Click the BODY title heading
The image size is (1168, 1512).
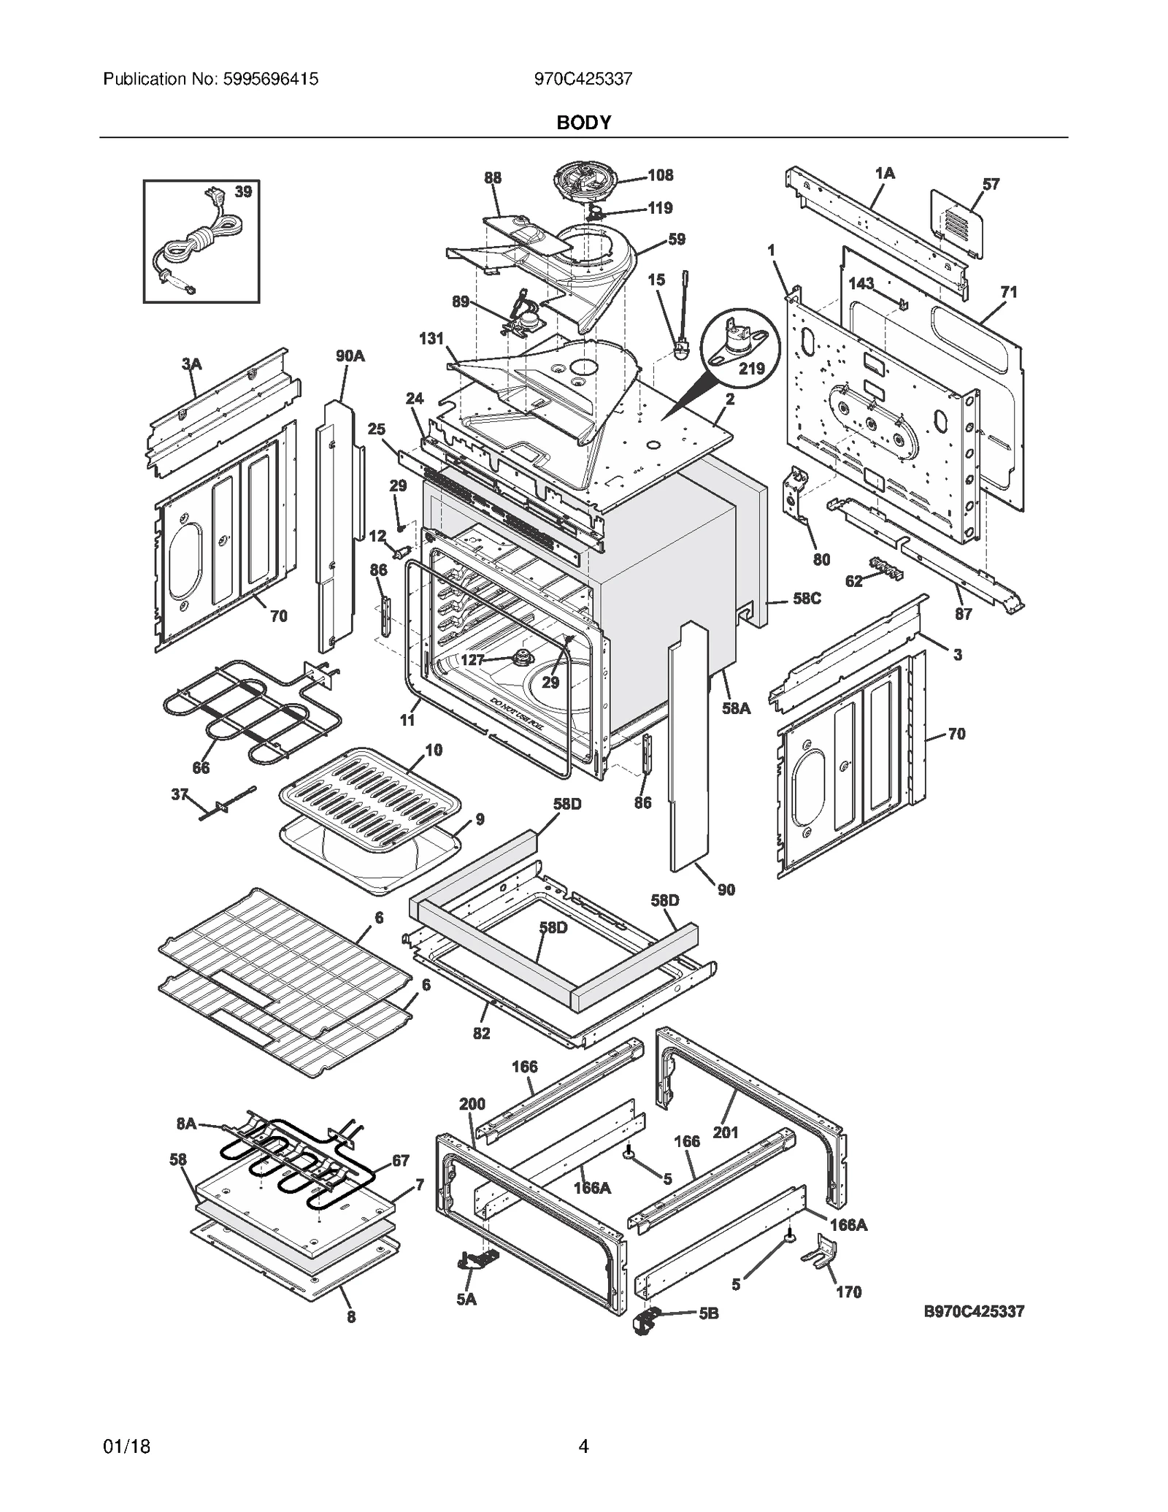[x=583, y=123]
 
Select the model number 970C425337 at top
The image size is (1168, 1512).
[x=583, y=79]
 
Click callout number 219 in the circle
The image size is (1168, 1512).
[x=751, y=369]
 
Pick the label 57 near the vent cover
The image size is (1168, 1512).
[x=991, y=184]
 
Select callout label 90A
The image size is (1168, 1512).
[x=350, y=356]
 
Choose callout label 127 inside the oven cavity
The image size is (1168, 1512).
[x=472, y=660]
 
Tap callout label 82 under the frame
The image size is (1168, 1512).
[x=481, y=1033]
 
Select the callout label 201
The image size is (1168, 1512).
[x=726, y=1132]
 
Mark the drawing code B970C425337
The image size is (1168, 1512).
[x=974, y=1312]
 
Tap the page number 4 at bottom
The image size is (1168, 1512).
[x=583, y=1461]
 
